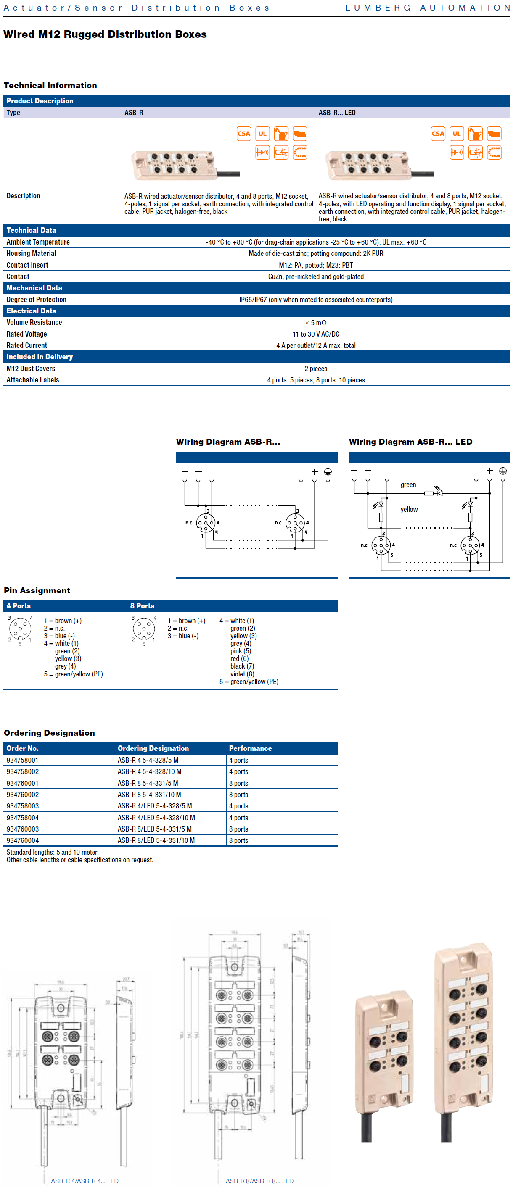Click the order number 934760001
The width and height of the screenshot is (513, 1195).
point(22,783)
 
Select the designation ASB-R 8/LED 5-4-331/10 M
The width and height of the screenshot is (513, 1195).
point(156,840)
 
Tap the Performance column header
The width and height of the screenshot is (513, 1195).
point(250,748)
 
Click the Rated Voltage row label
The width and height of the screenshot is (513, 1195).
point(26,334)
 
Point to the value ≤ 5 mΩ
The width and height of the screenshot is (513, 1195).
point(316,322)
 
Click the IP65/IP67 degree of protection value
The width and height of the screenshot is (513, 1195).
point(316,300)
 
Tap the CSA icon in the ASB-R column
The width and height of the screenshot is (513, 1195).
point(244,134)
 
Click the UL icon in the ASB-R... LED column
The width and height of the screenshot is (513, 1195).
point(456,134)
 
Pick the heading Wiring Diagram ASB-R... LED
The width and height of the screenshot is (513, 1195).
point(410,442)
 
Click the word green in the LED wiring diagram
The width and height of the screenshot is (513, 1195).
point(408,485)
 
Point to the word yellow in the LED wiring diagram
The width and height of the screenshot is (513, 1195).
point(409,509)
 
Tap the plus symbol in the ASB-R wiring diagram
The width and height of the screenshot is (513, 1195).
point(314,471)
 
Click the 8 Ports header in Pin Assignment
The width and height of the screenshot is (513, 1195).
point(142,606)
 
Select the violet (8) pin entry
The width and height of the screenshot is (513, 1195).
point(242,674)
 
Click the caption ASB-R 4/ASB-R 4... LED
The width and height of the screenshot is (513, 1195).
point(85,1181)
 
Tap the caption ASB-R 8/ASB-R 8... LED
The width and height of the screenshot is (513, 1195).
point(259,1181)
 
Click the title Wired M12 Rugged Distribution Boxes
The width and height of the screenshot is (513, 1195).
point(105,34)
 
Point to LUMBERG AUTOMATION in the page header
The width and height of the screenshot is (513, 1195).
point(428,8)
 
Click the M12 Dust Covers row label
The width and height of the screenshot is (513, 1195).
point(31,369)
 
